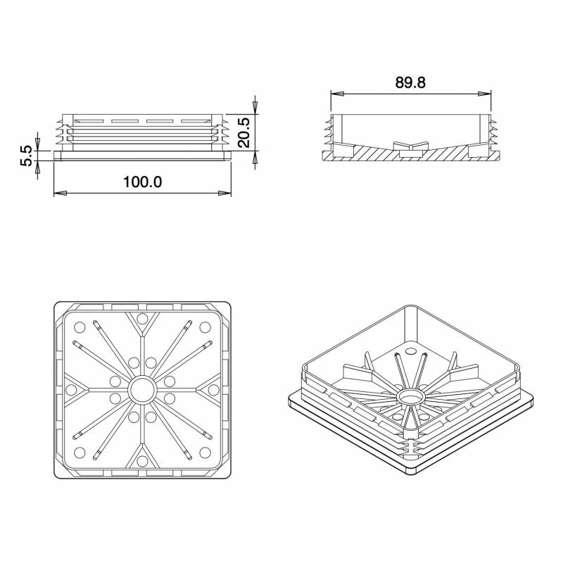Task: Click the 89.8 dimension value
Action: (410, 82)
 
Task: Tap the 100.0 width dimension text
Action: (143, 182)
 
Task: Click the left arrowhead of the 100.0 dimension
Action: (58, 192)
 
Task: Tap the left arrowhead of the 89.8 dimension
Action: (335, 92)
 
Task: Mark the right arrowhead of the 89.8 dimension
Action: (486, 92)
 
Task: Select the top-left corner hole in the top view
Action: (80, 327)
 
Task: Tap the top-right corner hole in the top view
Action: (205, 327)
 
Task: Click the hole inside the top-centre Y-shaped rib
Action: (143, 320)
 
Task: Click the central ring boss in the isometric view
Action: (410, 398)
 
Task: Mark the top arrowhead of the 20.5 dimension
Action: (255, 103)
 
